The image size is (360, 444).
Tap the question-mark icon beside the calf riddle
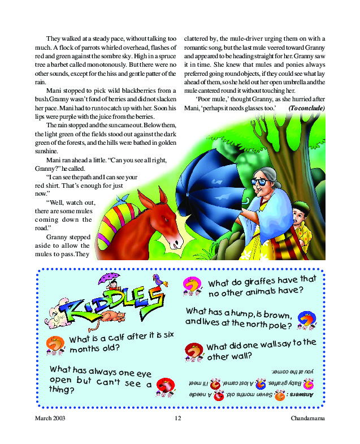tap(55, 343)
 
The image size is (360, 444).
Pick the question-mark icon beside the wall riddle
tap(194, 351)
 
